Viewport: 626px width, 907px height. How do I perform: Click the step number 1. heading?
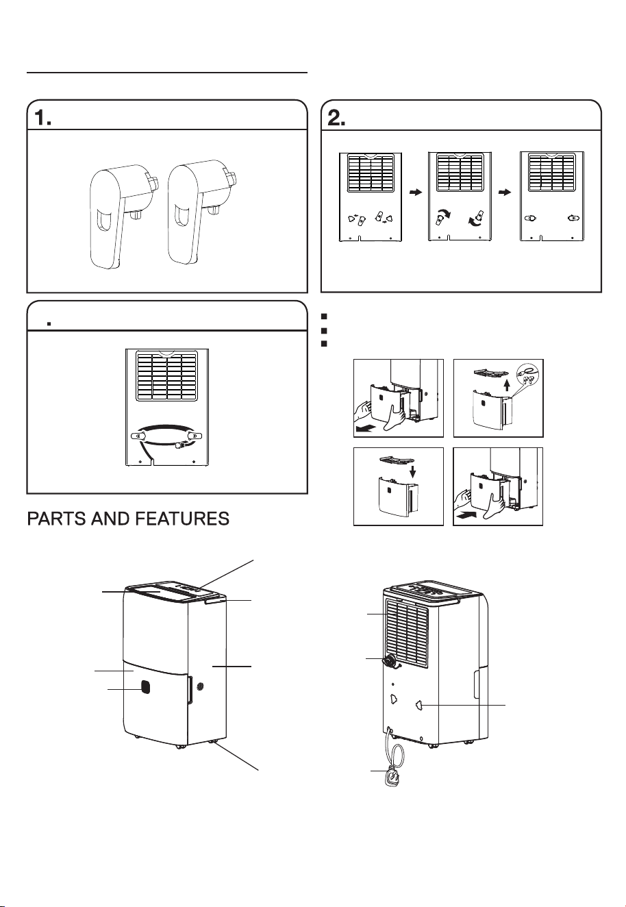pos(42,118)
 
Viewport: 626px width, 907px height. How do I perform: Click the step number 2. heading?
pos(336,118)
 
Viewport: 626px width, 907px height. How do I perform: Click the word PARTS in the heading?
pos(55,519)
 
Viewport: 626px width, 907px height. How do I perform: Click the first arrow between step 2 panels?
pos(416,192)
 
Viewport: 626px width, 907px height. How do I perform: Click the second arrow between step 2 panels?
pos(505,192)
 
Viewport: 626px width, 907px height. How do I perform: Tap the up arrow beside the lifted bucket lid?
pos(506,384)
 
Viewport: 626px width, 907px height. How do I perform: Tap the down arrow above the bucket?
pos(413,471)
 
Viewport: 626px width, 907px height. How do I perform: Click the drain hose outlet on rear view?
pos(390,660)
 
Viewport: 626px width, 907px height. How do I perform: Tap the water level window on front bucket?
pos(145,686)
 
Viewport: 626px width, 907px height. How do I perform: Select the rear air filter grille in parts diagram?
pos(406,632)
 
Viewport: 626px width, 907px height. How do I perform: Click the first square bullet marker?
pos(323,316)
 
